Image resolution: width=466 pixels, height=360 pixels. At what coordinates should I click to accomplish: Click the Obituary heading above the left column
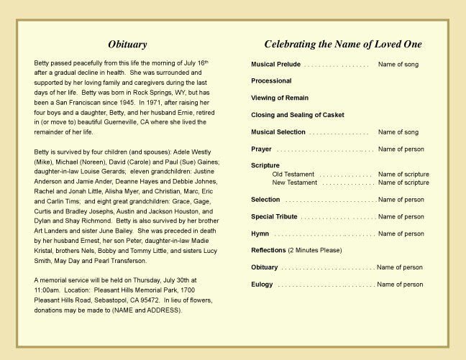pos(127,45)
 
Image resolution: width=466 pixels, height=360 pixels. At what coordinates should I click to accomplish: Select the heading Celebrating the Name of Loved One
pos(342,45)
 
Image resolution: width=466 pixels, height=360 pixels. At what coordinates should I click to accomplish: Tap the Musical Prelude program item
pos(275,65)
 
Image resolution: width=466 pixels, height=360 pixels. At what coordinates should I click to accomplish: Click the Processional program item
pos(271,81)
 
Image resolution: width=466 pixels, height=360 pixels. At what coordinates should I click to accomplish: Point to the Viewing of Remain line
pos(280,98)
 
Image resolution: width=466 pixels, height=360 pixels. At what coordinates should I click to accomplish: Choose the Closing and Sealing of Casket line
pos(298,115)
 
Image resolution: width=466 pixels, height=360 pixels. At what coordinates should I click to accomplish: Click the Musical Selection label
pos(278,132)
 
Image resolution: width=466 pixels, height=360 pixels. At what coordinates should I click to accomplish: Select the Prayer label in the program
pos(261,149)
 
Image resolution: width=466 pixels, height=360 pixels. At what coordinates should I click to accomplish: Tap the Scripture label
pos(265,166)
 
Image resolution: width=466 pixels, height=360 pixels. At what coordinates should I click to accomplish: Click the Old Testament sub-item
pos(293,175)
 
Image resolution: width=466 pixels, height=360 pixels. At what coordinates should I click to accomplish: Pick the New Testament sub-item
pos(294,183)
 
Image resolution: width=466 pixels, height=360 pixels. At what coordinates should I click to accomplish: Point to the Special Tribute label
pos(274,217)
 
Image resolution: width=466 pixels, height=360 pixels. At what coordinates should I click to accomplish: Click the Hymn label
pos(260,234)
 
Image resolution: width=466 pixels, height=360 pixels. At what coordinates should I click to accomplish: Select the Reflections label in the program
pos(268,251)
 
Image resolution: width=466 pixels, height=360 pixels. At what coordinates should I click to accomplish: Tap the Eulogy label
pos(262,285)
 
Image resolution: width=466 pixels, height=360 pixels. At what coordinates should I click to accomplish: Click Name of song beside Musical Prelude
pos(398,65)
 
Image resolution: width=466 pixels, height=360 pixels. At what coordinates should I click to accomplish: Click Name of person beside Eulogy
pos(400,285)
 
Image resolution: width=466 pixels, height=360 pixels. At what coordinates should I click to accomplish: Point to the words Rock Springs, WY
pos(165,93)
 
